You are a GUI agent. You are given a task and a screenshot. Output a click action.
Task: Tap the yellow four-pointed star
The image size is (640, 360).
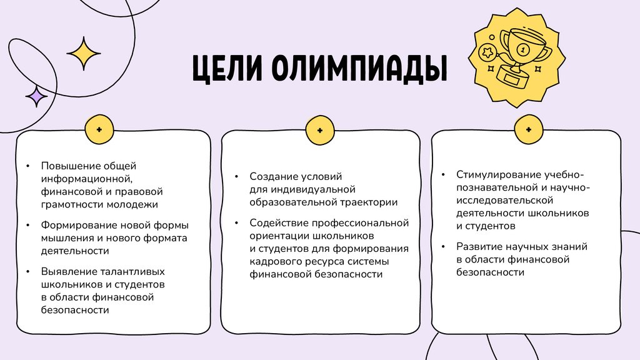pyautogui.click(x=84, y=53)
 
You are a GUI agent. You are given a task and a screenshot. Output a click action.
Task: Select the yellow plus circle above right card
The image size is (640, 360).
pyautogui.click(x=528, y=129)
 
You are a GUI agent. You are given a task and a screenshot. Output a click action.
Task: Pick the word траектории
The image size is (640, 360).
pyautogui.click(x=367, y=202)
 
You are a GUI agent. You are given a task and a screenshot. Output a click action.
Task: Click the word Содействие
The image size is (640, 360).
pyautogui.click(x=278, y=223)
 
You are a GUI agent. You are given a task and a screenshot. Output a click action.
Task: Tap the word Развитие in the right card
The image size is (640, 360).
pyautogui.click(x=479, y=246)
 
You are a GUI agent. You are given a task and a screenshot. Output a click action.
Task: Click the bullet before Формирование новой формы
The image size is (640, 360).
pyautogui.click(x=28, y=226)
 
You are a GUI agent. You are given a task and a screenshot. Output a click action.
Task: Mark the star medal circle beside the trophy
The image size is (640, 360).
pyautogui.click(x=486, y=52)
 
